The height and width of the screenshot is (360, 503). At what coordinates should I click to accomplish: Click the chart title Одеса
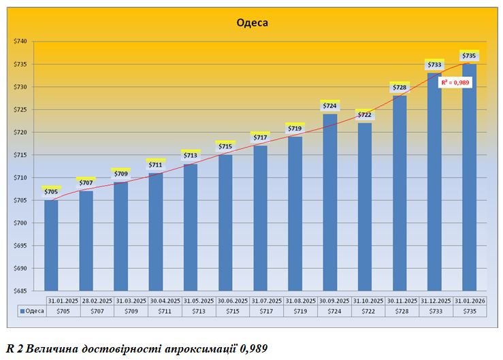point(252,22)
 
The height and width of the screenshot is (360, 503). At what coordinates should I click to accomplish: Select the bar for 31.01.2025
point(51,245)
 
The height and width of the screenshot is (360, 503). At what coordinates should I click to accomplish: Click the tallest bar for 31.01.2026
point(469,177)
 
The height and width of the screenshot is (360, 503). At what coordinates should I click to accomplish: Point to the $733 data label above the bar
point(434,65)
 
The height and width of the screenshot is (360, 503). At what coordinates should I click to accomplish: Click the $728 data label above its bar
point(400,87)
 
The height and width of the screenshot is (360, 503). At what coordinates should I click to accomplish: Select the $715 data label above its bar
point(225,146)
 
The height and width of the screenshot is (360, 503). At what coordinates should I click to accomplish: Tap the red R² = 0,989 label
point(455,82)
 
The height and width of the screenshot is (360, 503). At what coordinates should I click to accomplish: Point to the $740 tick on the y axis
point(20,42)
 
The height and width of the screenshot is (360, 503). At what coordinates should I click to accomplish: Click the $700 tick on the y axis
point(20,223)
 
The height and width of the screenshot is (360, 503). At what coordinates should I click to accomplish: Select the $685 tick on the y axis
point(20,291)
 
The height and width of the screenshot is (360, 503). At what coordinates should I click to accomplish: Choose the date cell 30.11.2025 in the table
point(400,300)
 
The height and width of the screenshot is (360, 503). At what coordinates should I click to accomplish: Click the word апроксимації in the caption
point(201,348)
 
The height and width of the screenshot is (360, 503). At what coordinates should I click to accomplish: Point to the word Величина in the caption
point(51,348)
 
